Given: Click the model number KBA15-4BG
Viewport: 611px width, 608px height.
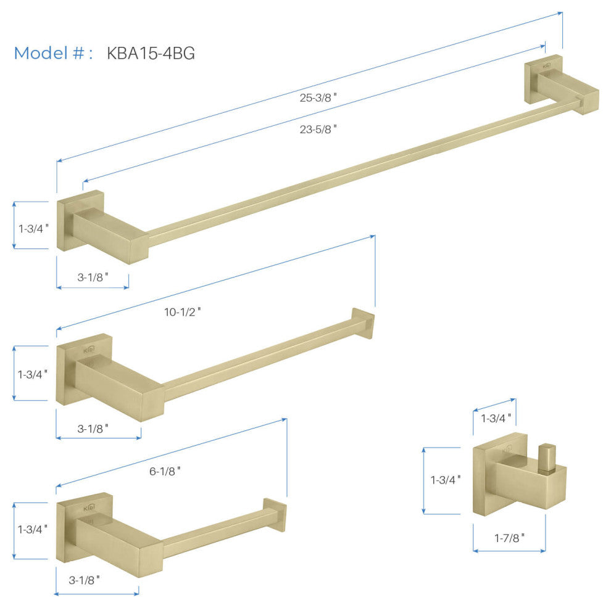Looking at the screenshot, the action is click(x=151, y=53).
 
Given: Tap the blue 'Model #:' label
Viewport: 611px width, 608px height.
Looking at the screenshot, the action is click(x=53, y=53).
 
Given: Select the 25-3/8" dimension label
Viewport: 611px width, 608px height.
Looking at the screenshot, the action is click(x=318, y=97).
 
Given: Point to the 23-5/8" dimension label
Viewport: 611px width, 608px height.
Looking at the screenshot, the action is click(x=318, y=129).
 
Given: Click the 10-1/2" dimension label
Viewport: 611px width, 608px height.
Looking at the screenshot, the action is click(x=182, y=312).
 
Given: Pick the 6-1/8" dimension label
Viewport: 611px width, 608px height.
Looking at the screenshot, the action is click(x=165, y=471).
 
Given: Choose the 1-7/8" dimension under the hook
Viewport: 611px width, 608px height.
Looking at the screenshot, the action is click(x=509, y=538).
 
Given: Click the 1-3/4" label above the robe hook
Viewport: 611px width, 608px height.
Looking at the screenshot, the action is click(x=496, y=419).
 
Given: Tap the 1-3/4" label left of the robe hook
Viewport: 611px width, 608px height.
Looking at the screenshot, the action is click(x=446, y=480).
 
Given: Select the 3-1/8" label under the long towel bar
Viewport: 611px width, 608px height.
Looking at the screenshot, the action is click(x=93, y=277).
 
